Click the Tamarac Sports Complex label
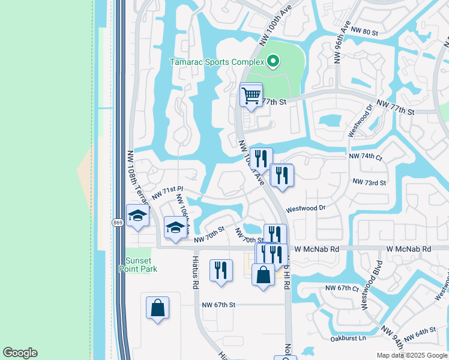(x=217, y=62)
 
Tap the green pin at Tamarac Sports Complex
(x=273, y=61)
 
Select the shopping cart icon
(x=251, y=94)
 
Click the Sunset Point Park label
(x=141, y=265)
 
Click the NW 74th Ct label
(x=366, y=157)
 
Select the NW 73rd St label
(x=369, y=182)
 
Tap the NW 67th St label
(x=218, y=305)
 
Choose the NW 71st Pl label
(x=167, y=193)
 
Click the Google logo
(x=20, y=353)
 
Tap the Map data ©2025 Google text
(x=411, y=355)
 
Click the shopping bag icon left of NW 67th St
(x=157, y=307)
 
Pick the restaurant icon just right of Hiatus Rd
(x=221, y=269)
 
